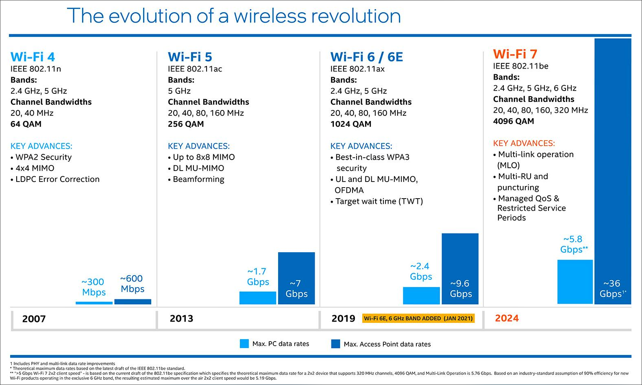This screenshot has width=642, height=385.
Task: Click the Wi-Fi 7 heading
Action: click(x=515, y=54)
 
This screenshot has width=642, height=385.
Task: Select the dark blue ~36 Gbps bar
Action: click(x=612, y=162)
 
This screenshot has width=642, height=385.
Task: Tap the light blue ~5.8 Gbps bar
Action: click(x=575, y=281)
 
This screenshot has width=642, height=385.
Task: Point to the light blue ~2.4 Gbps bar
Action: click(x=421, y=295)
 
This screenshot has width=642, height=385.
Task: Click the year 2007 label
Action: click(x=34, y=319)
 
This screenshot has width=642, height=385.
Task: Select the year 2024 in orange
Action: click(x=507, y=318)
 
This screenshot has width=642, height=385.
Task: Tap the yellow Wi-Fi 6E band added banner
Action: click(x=418, y=318)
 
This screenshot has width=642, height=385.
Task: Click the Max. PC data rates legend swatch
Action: click(x=244, y=344)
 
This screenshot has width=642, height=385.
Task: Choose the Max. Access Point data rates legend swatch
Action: click(x=335, y=344)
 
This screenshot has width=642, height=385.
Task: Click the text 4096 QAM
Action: click(x=513, y=121)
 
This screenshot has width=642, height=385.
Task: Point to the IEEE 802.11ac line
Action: click(x=195, y=69)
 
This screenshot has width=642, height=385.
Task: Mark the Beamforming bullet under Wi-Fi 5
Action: click(x=198, y=179)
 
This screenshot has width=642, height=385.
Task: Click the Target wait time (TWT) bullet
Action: click(x=379, y=201)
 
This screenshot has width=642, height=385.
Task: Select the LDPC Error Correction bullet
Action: click(x=57, y=179)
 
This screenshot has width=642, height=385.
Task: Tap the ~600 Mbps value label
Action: click(x=132, y=283)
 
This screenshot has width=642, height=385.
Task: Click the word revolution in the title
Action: click(x=356, y=16)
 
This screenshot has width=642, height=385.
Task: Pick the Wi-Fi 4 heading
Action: click(x=33, y=57)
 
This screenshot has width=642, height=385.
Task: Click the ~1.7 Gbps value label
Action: click(x=258, y=277)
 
